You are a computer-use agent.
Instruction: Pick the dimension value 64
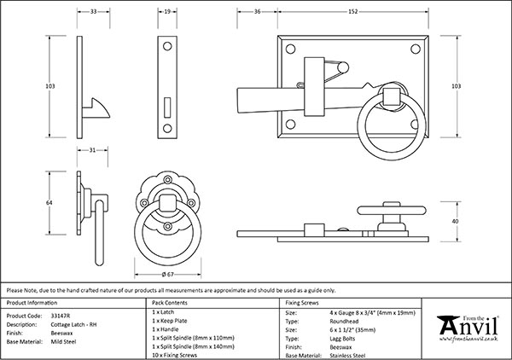[x=49, y=203]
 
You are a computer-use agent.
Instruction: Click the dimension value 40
[x=455, y=221]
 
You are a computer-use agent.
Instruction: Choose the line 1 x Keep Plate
[x=171, y=322]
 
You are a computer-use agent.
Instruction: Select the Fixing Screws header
[x=304, y=303]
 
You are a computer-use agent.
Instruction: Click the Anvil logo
[x=467, y=328]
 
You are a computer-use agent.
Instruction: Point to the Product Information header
[x=38, y=303]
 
